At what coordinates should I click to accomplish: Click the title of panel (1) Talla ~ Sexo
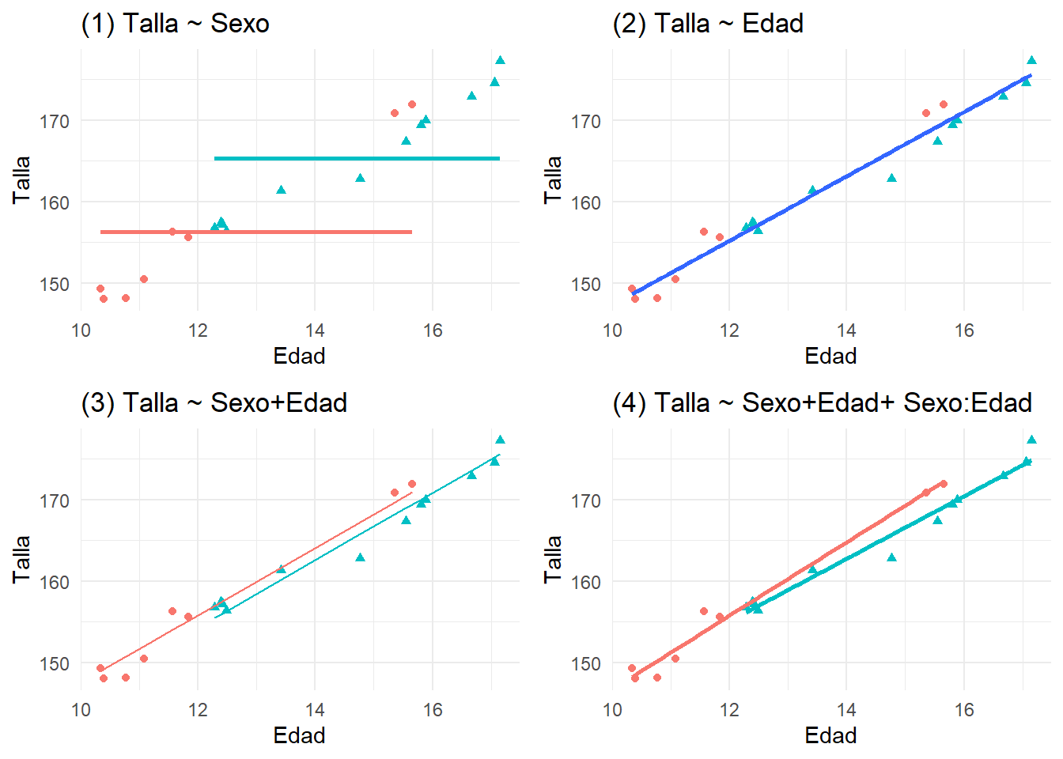175,24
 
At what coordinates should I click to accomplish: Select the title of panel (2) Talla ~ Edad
708,24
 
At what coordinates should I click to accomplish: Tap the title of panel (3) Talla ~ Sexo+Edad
214,403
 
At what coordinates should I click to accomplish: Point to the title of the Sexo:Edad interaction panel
822,403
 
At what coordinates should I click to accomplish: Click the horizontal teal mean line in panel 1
356,158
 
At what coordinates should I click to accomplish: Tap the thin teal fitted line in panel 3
356,538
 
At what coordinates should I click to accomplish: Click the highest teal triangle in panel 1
500,60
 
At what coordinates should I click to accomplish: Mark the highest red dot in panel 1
412,104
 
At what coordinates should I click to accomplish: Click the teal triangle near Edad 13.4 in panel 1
281,190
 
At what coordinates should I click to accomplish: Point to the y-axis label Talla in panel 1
21,179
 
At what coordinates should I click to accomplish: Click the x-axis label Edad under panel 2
830,356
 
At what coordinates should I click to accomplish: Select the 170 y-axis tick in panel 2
586,121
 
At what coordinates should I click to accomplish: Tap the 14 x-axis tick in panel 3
315,709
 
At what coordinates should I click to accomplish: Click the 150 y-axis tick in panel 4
586,663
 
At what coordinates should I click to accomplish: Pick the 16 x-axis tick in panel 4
963,709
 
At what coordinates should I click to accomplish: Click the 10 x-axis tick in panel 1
81,330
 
